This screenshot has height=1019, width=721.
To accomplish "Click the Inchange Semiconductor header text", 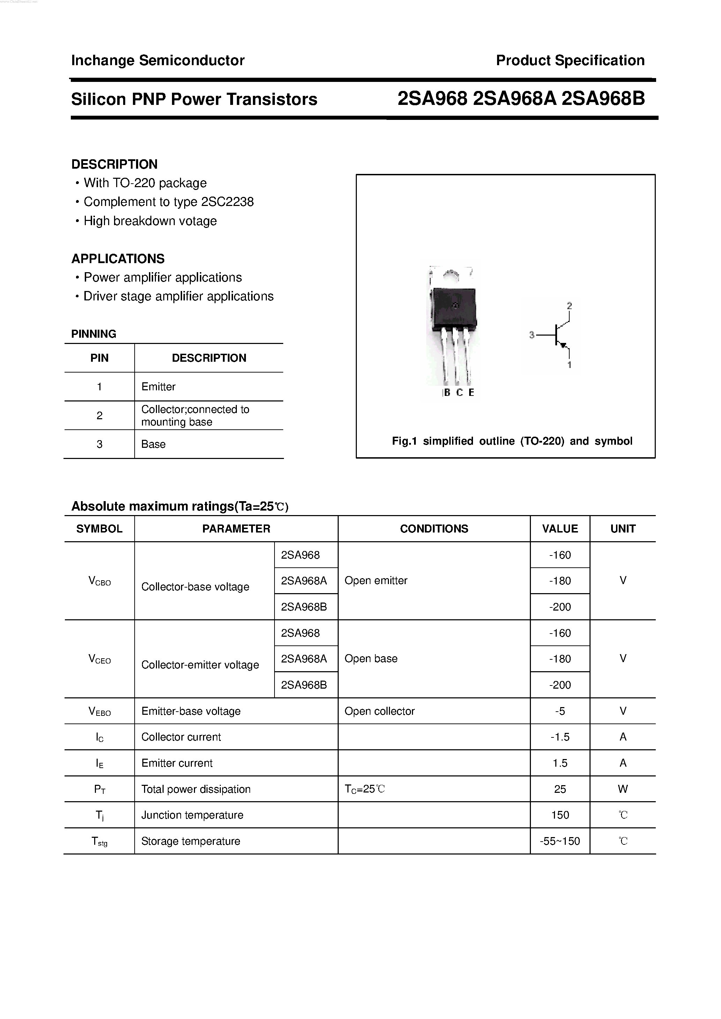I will click(x=158, y=60).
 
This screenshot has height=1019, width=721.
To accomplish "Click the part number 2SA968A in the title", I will click(x=515, y=99).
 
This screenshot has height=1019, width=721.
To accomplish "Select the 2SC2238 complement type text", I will click(x=227, y=202).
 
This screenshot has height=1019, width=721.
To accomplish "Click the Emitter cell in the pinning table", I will click(x=159, y=386).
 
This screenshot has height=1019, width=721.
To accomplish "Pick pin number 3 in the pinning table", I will click(x=99, y=444).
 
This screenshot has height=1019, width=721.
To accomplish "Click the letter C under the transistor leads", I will click(x=459, y=393).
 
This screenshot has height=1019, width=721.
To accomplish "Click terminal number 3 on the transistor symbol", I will click(x=532, y=335).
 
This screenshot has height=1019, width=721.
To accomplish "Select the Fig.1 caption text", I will click(x=512, y=441).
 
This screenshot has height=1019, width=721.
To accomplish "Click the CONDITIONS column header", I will click(x=434, y=529).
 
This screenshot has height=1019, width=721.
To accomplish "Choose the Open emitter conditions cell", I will click(x=376, y=581).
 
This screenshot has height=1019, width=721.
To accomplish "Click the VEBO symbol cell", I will click(x=99, y=711).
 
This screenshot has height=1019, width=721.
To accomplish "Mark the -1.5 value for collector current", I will click(x=560, y=737).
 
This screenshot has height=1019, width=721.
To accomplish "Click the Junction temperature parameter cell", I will click(x=192, y=815).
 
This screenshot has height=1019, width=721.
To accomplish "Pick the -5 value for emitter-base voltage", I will click(x=560, y=711).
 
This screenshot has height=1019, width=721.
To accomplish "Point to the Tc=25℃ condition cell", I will click(x=364, y=789).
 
